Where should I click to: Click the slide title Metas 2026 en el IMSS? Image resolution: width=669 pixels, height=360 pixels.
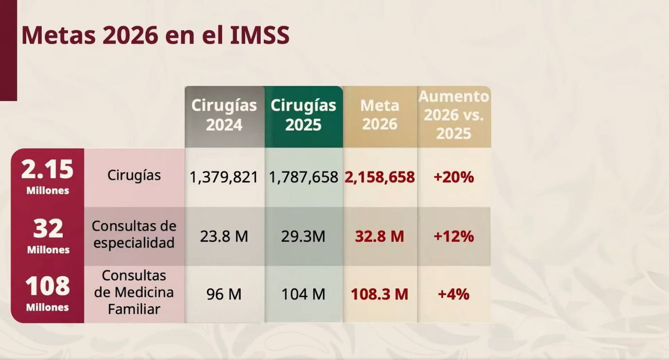point(155,35)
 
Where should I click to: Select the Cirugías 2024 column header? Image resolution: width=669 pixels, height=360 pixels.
point(224,115)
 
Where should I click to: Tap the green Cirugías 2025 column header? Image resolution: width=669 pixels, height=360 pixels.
point(304,115)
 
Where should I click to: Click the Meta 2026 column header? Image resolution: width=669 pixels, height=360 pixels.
point(380,115)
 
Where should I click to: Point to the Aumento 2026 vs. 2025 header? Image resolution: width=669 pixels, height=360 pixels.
point(454,115)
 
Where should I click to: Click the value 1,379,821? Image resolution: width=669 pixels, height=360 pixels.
point(224,177)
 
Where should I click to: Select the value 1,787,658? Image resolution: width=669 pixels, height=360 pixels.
point(304,177)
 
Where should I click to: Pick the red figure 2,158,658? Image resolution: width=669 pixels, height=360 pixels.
point(380,177)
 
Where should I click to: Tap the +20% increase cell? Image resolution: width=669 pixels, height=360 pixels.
point(453,177)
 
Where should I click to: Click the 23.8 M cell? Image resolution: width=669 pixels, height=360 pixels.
point(224,237)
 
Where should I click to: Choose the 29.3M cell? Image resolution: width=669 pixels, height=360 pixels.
point(303,237)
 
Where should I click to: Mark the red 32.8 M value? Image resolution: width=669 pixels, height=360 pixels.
point(380,237)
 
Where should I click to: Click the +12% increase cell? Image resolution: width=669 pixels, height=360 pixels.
point(453,237)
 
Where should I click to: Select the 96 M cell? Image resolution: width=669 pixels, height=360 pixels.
point(224,294)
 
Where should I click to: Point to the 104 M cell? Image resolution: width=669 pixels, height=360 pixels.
point(303,294)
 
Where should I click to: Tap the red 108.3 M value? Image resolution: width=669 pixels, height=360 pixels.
point(380,294)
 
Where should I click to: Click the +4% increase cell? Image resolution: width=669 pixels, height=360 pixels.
point(453,294)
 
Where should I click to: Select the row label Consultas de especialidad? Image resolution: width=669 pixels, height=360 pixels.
point(134,234)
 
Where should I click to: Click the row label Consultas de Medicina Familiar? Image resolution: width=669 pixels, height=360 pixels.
point(134,292)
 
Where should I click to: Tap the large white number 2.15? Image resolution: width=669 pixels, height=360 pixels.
point(47,170)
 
